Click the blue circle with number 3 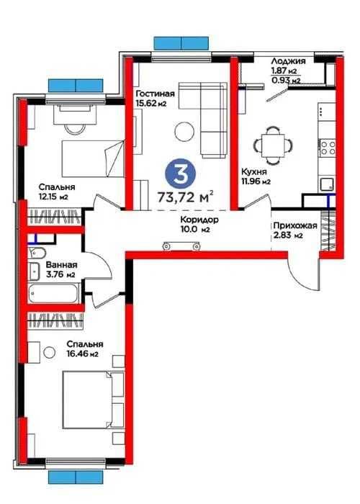tap(180, 174)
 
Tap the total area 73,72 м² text tap(186, 197)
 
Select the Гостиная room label tap(156, 94)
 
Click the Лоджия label tap(288, 61)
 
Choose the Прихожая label tap(295, 225)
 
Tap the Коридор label tap(199, 220)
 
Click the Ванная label tap(61, 265)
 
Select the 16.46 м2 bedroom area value tap(82, 354)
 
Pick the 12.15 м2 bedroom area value tap(53, 197)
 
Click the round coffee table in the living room tap(185, 131)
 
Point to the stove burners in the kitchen tap(327, 148)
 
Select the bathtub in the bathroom tap(53, 293)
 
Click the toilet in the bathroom tap(37, 253)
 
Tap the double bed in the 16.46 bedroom tap(93, 400)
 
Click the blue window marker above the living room tap(181, 43)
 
